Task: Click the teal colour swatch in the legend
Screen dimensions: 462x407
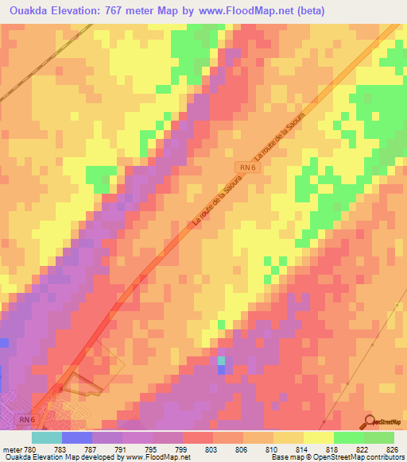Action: (x=46, y=437)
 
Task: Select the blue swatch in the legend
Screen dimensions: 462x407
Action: (x=76, y=437)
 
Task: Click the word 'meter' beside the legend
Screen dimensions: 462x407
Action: (x=12, y=449)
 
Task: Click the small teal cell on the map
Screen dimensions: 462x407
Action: (x=221, y=361)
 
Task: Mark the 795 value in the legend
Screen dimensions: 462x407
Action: (x=152, y=449)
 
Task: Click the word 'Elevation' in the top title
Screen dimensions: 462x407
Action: (x=83, y=10)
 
